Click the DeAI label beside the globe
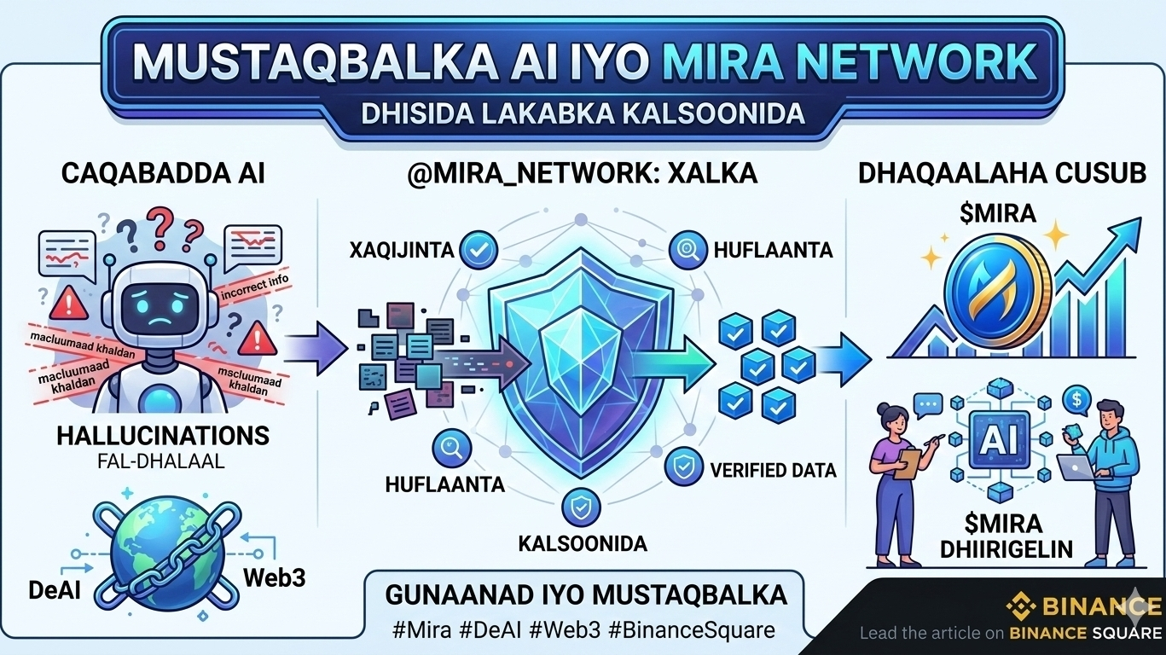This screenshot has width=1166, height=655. pos(55,588)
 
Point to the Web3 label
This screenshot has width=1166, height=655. pos(274,576)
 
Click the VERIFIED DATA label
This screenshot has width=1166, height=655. pos(773,470)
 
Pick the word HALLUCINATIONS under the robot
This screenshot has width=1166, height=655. pos(162,436)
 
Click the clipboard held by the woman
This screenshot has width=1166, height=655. pos(909,462)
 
